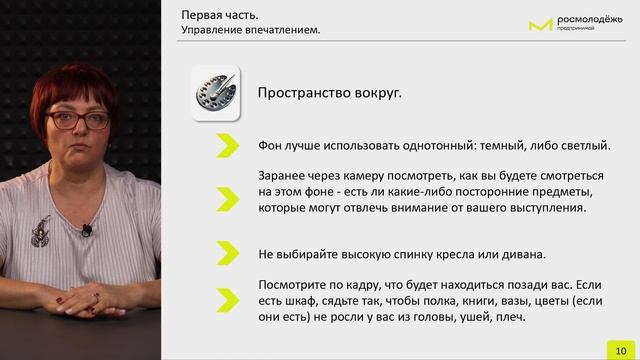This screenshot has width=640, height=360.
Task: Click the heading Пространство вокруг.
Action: (330, 94)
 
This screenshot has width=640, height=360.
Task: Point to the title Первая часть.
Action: (217, 15)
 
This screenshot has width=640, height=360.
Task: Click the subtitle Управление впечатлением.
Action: (250, 30)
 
